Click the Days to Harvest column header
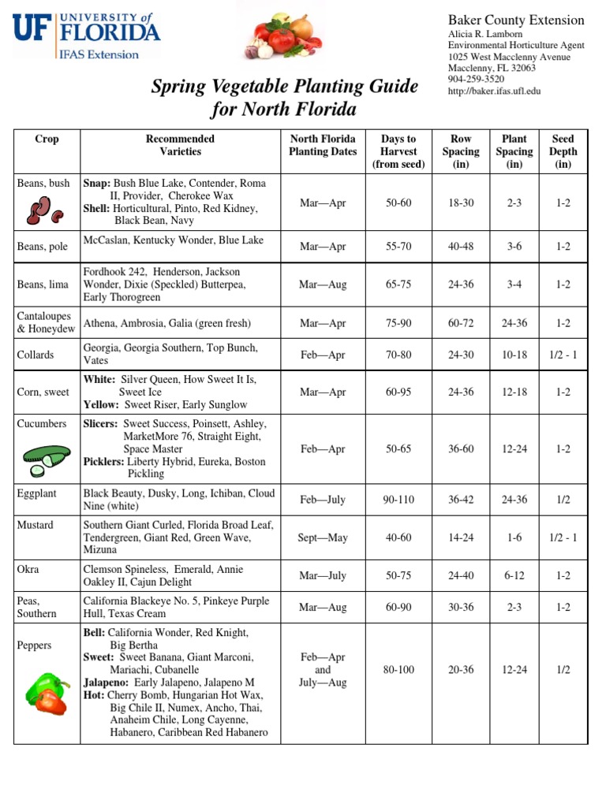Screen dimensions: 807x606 [398, 151]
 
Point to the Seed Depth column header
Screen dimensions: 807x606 [563, 151]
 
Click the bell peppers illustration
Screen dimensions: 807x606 [46, 689]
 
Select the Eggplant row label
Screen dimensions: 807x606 [37, 493]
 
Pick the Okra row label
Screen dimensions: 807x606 [28, 569]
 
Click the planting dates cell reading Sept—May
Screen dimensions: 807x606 [323, 538]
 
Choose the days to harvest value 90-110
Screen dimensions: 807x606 [398, 500]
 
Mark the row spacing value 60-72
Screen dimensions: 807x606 [461, 323]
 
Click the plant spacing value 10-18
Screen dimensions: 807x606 [514, 355]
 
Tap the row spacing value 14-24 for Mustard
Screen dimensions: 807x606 [461, 538]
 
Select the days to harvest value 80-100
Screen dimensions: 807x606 [398, 670]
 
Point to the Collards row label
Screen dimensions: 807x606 [36, 355]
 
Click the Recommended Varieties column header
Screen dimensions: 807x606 [181, 145]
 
